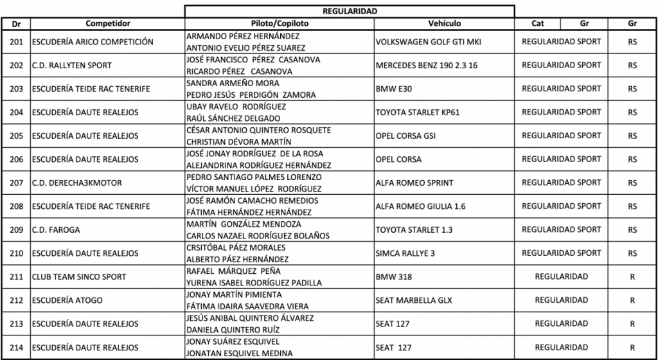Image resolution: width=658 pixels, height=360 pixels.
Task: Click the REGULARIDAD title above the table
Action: coord(350,11)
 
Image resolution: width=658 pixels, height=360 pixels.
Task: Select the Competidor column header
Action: coord(108,23)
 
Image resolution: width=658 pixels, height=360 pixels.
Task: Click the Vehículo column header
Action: coord(444,23)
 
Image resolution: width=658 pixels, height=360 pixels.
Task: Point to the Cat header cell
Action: coord(538,23)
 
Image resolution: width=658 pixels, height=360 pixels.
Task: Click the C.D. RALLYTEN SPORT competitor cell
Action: coord(71,65)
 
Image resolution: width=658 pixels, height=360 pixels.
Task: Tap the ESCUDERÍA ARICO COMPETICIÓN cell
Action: coord(93,42)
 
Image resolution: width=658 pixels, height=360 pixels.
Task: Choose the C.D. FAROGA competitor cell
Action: coord(56,230)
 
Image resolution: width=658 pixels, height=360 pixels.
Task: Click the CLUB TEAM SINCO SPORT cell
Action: coord(79,277)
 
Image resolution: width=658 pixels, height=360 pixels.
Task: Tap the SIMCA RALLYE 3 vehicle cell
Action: coord(406,253)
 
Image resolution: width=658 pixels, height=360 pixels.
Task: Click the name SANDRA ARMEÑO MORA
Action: coord(232,84)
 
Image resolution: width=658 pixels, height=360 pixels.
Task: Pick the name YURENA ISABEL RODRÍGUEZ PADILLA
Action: coord(254,283)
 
